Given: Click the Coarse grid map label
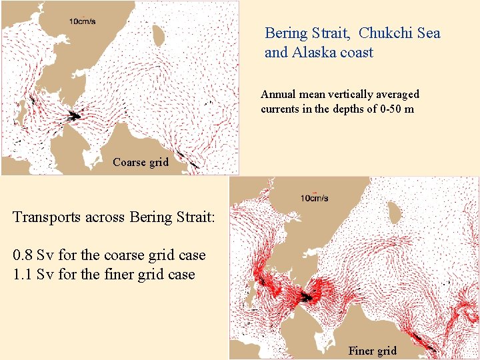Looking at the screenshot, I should pyautogui.click(x=141, y=162).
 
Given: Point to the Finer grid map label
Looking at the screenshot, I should pyautogui.click(x=372, y=351).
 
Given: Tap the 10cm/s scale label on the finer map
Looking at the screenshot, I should pyautogui.click(x=314, y=198).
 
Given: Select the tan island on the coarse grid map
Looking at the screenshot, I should pyautogui.click(x=159, y=33).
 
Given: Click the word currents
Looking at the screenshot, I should pyautogui.click(x=284, y=109).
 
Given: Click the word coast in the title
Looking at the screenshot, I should pyautogui.click(x=357, y=52).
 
